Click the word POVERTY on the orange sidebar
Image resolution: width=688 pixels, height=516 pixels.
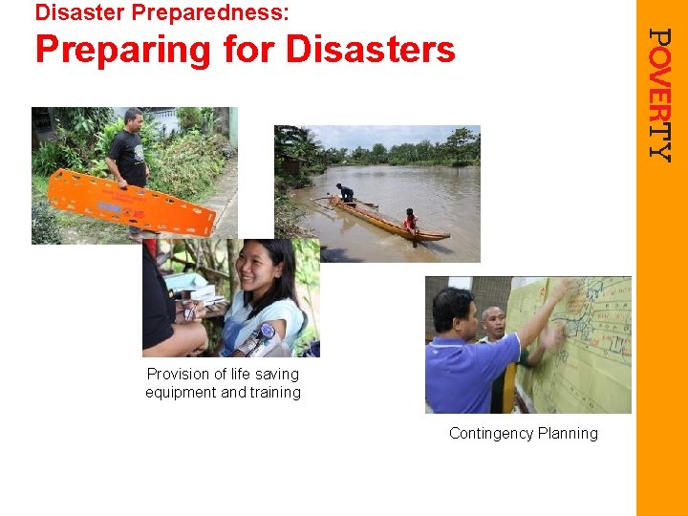click(659, 94)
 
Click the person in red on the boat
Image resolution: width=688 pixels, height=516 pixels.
click(411, 221)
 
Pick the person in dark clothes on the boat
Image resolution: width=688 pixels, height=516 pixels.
click(345, 194)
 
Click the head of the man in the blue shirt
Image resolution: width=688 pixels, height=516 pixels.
click(454, 308)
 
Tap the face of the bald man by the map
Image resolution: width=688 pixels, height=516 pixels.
click(494, 323)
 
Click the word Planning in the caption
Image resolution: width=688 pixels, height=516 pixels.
click(569, 433)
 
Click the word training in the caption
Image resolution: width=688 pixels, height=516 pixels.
click(275, 392)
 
